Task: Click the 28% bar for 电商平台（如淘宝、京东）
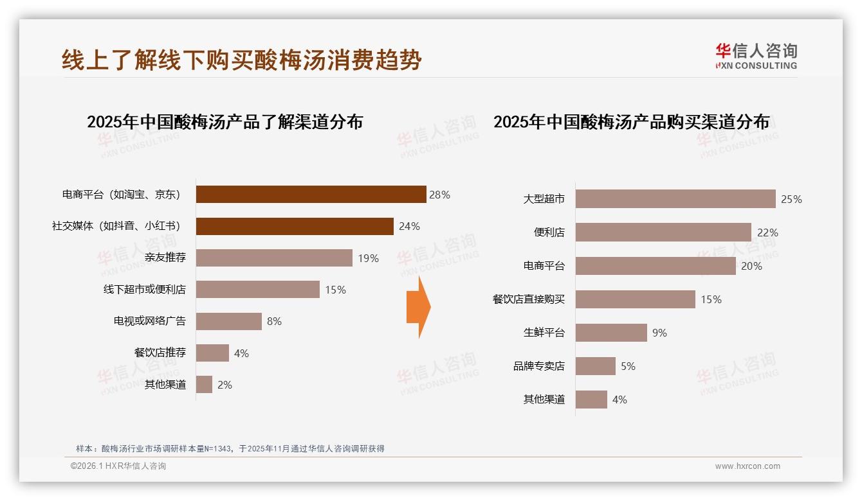pyautogui.click(x=311, y=195)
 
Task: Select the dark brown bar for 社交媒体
pyautogui.click(x=295, y=226)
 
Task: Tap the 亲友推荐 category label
pyautogui.click(x=165, y=258)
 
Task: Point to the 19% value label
pyautogui.click(x=369, y=258)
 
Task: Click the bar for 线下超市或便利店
pyautogui.click(x=257, y=290)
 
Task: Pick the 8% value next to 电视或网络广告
pyautogui.click(x=274, y=321)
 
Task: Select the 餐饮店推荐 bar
pyautogui.click(x=212, y=353)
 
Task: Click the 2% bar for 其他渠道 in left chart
pyautogui.click(x=204, y=385)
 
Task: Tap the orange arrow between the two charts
pyautogui.click(x=418, y=307)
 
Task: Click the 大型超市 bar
pyautogui.click(x=675, y=199)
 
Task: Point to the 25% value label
pyautogui.click(x=791, y=199)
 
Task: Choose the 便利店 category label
pyautogui.click(x=549, y=233)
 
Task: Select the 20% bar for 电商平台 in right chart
pyautogui.click(x=656, y=266)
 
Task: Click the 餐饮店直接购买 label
pyautogui.click(x=528, y=299)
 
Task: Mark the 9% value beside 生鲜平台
pyautogui.click(x=659, y=333)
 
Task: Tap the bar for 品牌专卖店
pyautogui.click(x=595, y=366)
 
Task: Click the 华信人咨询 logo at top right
pyautogui.click(x=756, y=56)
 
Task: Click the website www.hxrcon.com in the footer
pyautogui.click(x=747, y=466)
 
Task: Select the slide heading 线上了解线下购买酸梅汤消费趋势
pyautogui.click(x=242, y=60)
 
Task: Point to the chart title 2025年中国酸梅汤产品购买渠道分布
pyautogui.click(x=631, y=121)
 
